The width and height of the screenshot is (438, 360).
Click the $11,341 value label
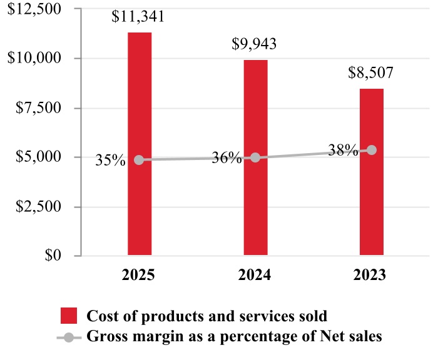[138, 17]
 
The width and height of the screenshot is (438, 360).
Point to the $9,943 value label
[255, 44]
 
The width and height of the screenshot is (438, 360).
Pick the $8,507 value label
[371, 72]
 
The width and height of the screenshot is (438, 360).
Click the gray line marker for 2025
[139, 160]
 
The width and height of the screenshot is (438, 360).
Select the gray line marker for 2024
[255, 157]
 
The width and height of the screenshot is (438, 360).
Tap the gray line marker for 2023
[372, 150]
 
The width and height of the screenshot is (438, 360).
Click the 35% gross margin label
[110, 161]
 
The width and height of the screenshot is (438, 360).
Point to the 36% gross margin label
[226, 158]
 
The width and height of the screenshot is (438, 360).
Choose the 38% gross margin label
[342, 151]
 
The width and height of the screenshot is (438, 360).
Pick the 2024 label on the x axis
[255, 275]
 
